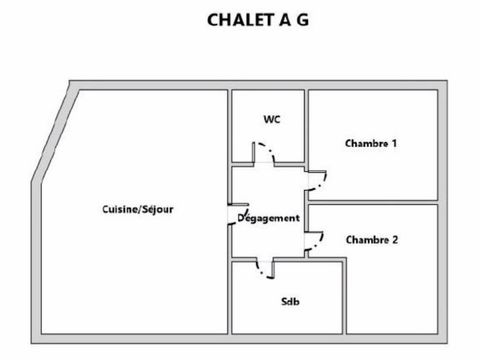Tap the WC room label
coord(270,119)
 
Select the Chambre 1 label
coord(371,143)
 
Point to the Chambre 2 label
coord(371,239)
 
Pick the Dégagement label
coord(269,218)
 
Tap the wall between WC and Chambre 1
coord(305,125)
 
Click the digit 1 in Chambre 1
coord(395,143)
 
